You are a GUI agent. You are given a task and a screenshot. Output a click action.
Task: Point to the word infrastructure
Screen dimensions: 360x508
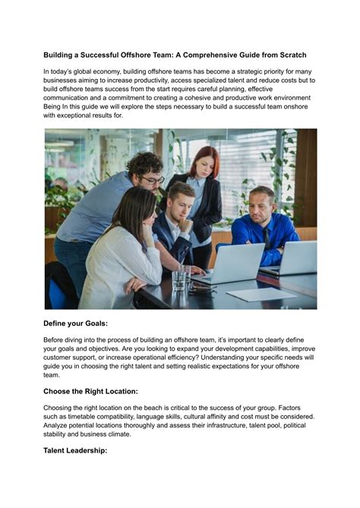click(x=223, y=426)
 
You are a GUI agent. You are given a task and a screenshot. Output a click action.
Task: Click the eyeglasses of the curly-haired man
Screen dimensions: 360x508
click(x=153, y=180)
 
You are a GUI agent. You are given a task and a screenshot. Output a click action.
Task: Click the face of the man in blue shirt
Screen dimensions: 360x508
click(x=261, y=205)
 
